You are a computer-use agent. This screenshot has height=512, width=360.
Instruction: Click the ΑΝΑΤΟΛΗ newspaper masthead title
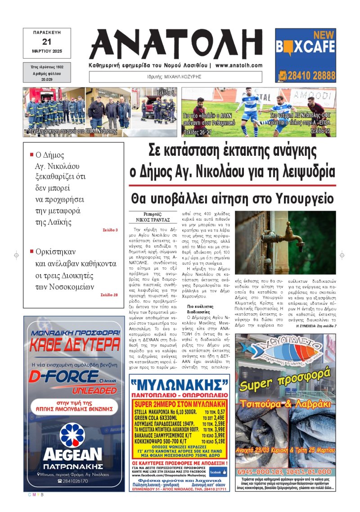(175, 44)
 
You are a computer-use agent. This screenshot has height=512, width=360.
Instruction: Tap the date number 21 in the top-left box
(47, 42)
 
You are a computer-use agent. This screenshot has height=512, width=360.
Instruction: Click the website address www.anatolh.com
(238, 65)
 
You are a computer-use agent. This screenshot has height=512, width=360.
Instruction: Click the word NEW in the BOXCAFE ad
(324, 35)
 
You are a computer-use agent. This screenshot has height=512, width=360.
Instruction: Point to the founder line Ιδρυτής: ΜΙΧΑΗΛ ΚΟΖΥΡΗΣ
(175, 77)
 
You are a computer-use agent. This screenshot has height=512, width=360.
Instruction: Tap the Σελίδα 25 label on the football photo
(320, 131)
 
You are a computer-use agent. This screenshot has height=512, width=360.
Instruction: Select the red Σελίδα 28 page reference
(109, 295)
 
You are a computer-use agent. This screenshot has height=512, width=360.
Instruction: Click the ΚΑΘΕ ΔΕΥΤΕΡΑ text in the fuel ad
(74, 346)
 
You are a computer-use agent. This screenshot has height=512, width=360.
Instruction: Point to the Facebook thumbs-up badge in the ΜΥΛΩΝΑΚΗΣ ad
(218, 472)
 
